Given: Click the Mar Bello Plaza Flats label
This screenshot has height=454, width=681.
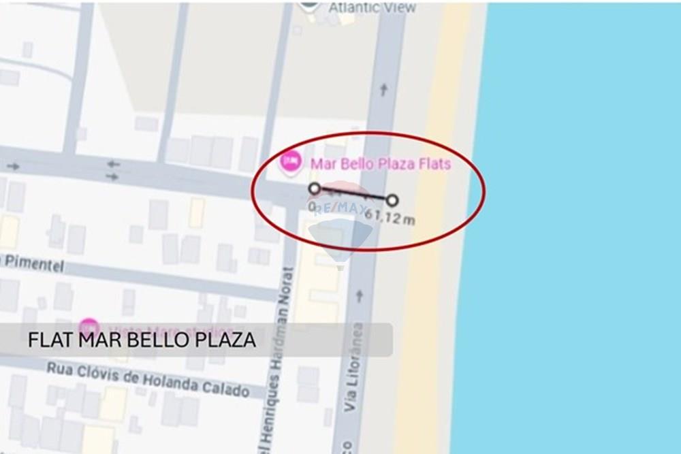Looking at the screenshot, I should pos(380,163).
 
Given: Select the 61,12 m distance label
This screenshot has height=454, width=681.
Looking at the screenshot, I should pos(390,218).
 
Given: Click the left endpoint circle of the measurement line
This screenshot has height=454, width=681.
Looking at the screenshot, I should pos(314,188).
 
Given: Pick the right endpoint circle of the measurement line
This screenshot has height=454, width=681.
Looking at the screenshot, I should pos(392,200).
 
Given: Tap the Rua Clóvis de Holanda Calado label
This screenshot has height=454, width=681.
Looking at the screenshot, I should pos(147,378).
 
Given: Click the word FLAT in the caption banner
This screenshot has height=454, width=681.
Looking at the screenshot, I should pos(50,340).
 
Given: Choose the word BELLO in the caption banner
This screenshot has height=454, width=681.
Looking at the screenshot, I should pos(158,340).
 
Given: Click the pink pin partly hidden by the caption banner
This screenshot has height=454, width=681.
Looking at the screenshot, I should pos(88,326).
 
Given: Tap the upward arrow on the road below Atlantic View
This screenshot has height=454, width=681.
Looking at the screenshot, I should pos(383,89).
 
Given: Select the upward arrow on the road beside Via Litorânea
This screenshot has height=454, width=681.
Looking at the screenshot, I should pos(360,296).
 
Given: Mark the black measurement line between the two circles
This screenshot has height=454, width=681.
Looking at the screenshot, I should pos(353,194).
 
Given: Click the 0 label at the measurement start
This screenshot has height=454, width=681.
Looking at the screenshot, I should pos(312,206).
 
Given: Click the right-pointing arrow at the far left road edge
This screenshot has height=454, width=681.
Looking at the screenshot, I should pos(13,166).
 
